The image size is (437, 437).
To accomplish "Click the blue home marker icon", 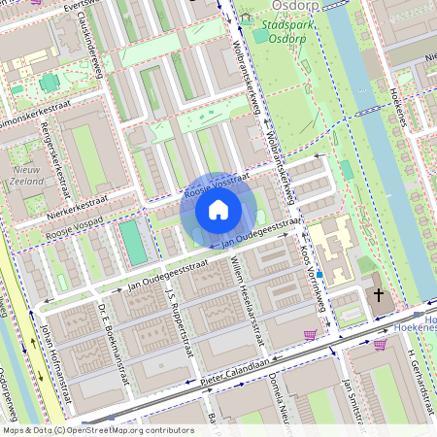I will (x=218, y=209).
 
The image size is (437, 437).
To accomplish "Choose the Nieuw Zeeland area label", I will (x=26, y=173).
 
